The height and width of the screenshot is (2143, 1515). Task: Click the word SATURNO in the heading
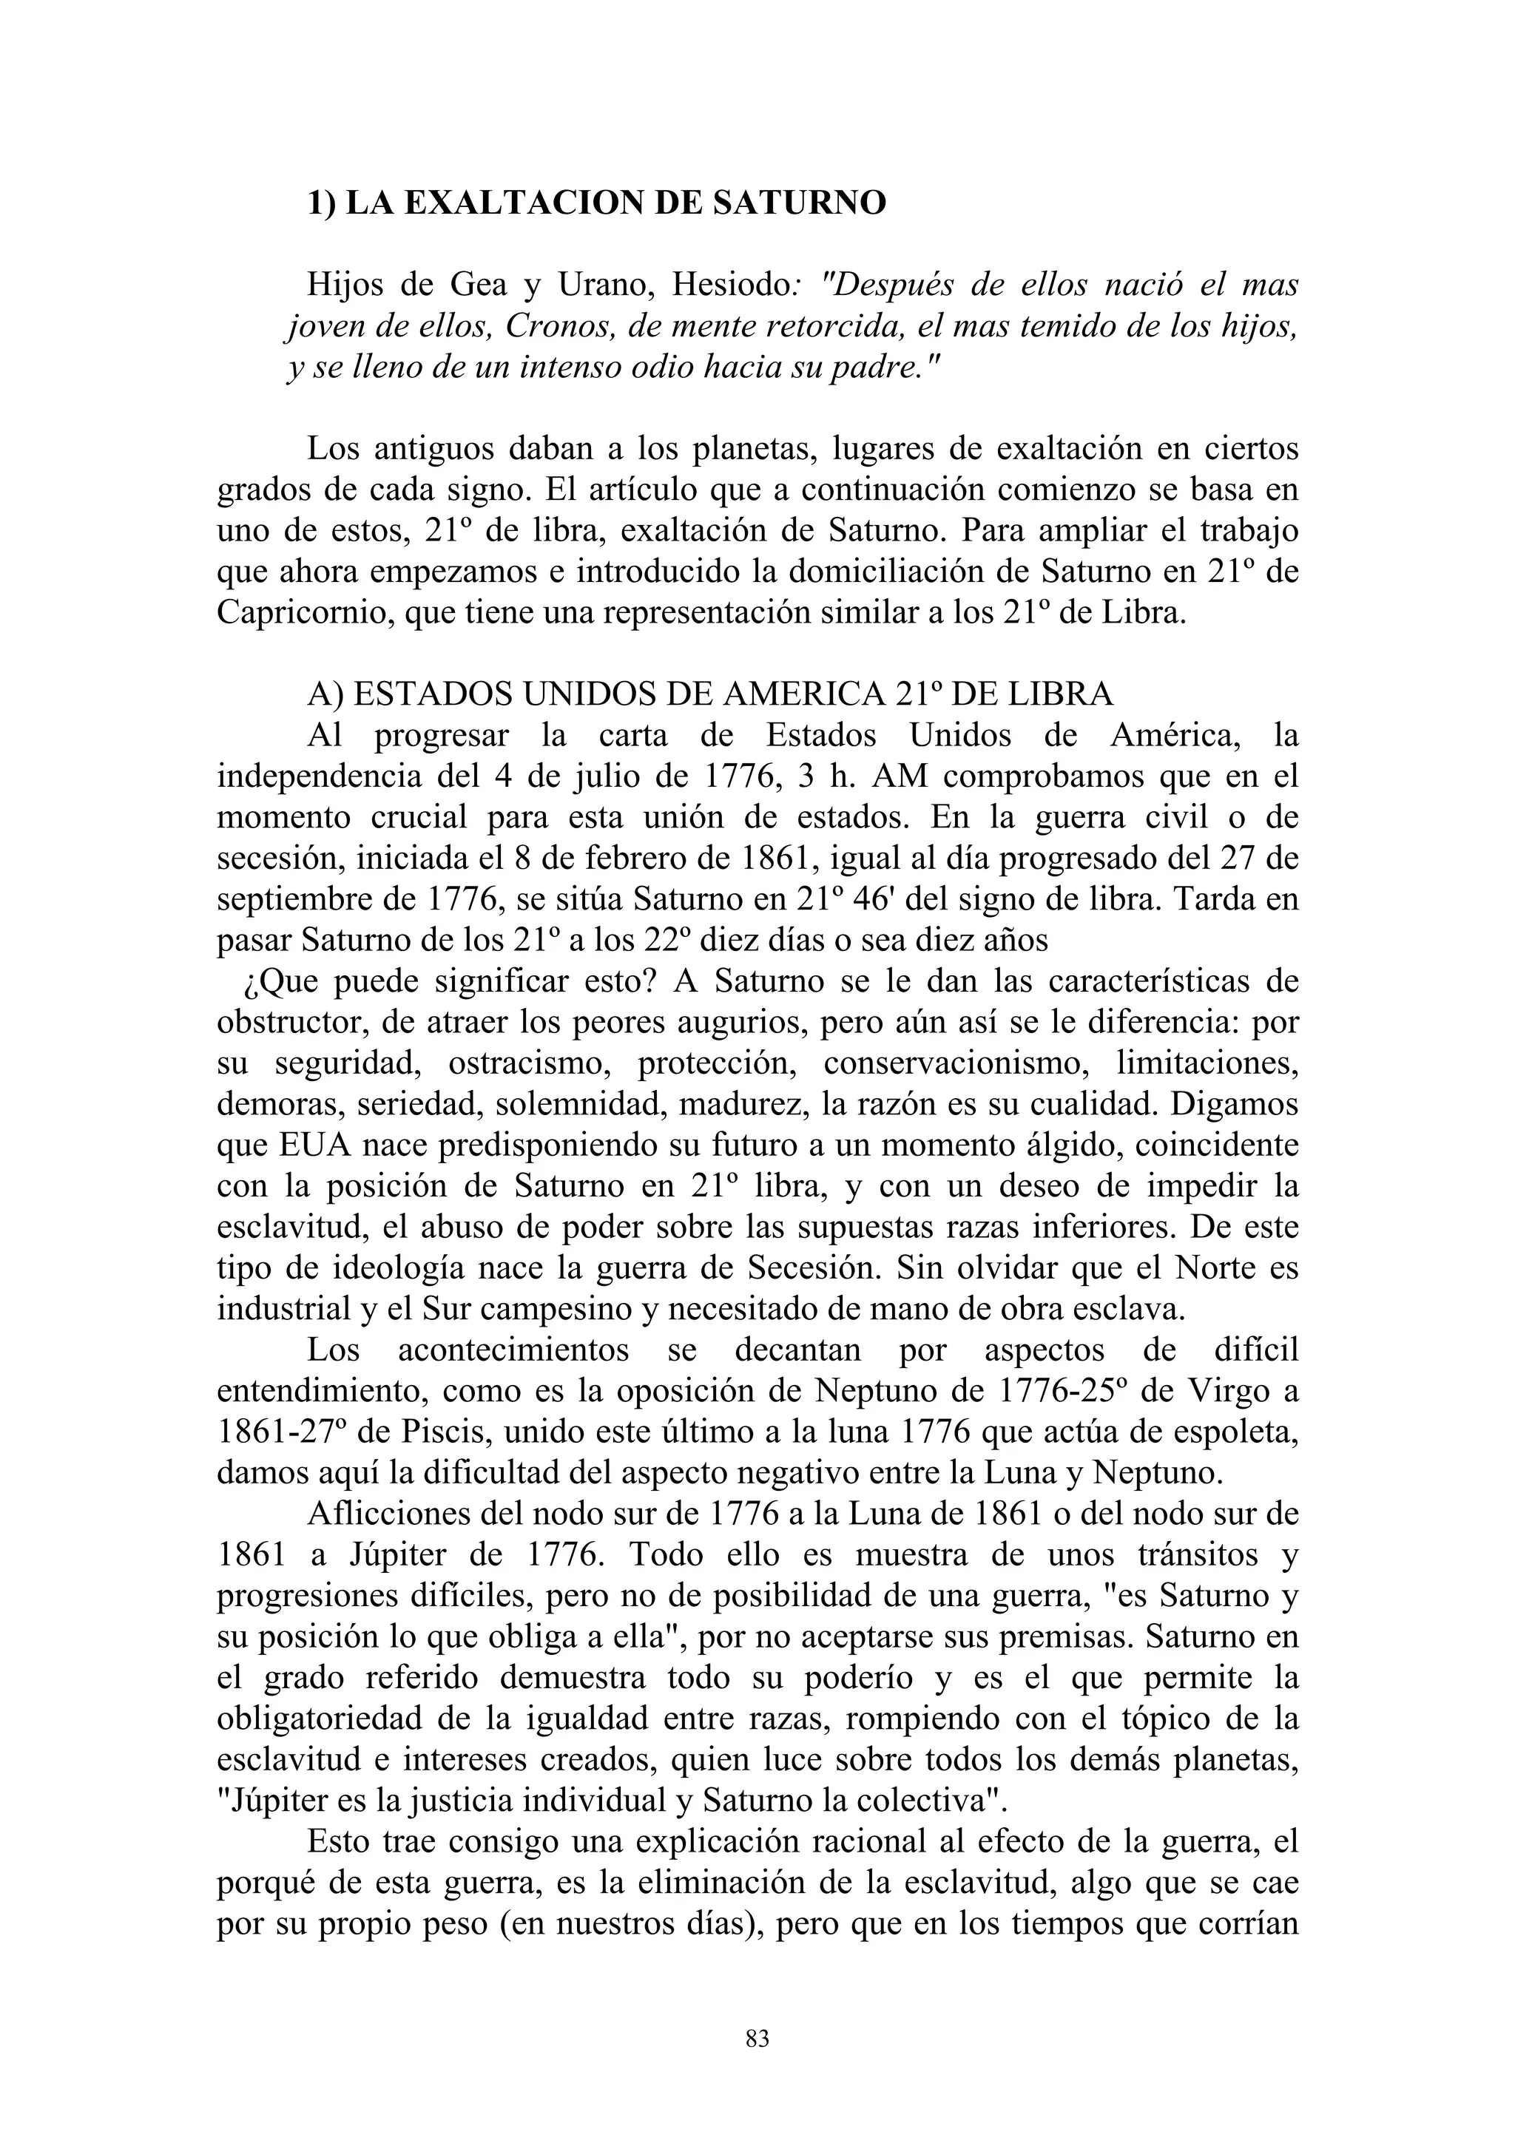point(799,203)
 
